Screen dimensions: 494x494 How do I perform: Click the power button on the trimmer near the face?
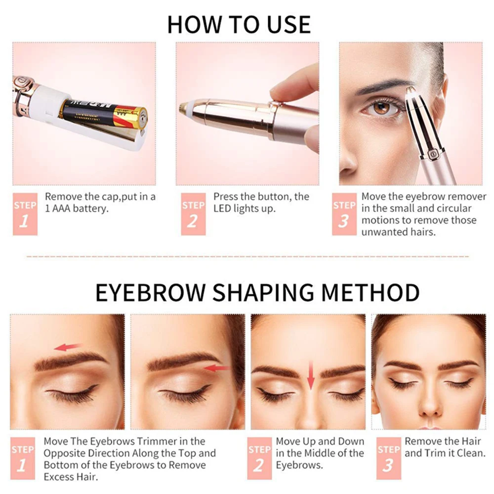tap(433, 154)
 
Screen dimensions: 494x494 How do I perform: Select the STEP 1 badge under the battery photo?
tap(25, 214)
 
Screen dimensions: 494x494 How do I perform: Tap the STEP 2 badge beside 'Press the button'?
tap(194, 214)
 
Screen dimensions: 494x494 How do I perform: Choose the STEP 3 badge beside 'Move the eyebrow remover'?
tap(344, 214)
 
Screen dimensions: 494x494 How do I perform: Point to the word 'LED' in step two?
tap(222, 208)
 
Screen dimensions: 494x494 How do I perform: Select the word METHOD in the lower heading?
tap(370, 292)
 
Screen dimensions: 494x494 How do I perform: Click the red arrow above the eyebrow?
tap(68, 347)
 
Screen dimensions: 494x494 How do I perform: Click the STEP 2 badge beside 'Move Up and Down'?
tap(259, 458)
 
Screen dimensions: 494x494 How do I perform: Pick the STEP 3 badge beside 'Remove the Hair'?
tap(389, 458)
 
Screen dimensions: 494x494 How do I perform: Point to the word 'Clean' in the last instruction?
tap(470, 453)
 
